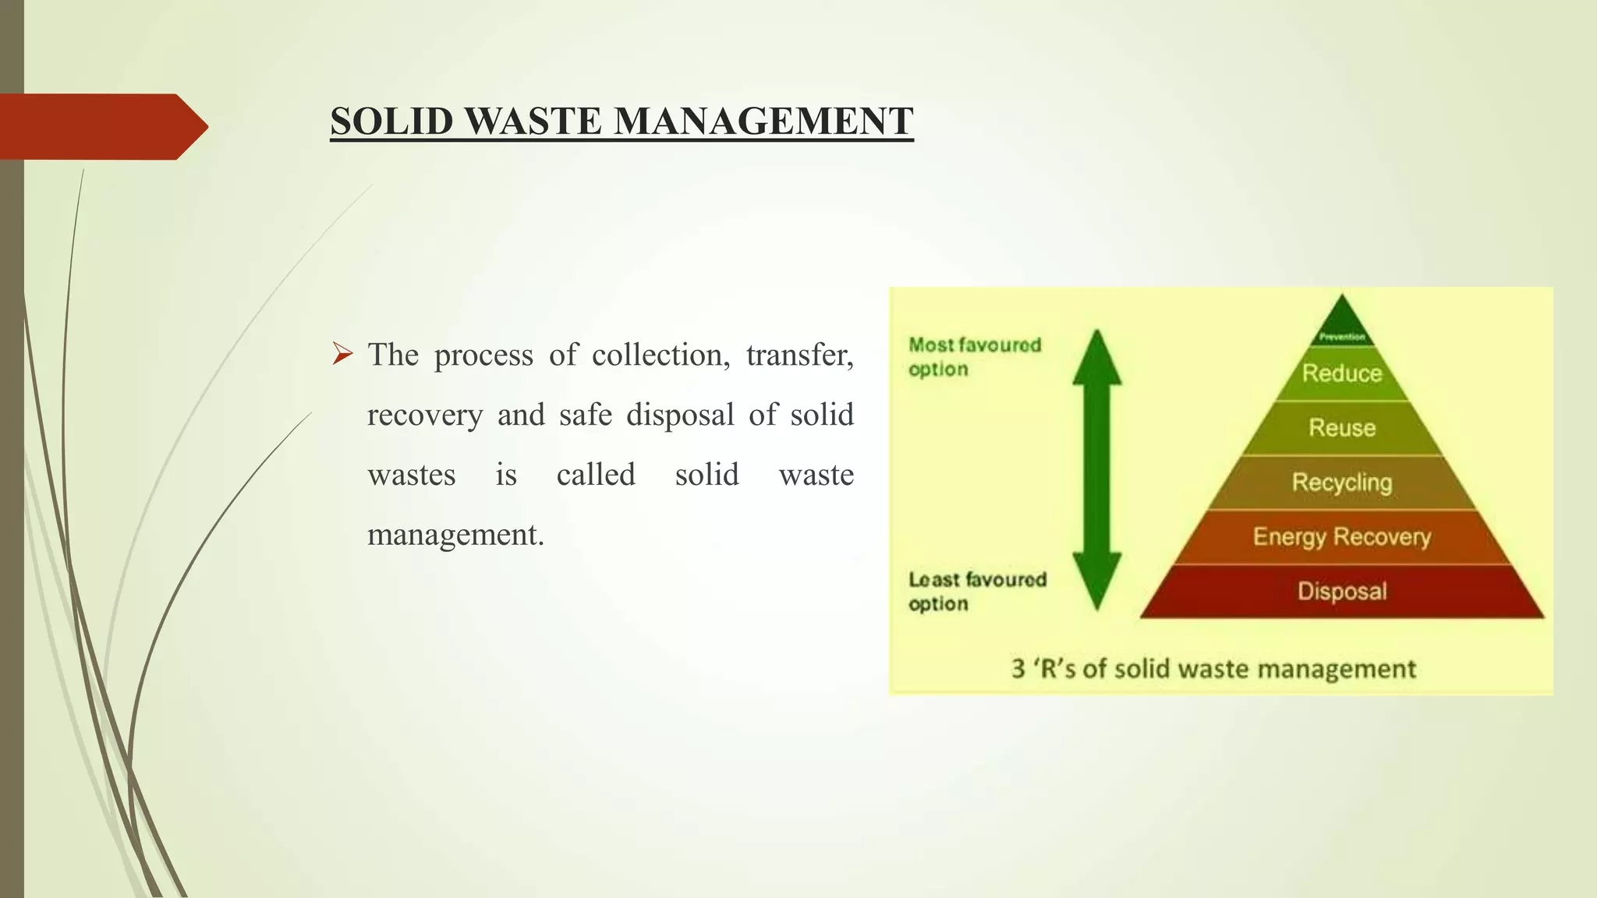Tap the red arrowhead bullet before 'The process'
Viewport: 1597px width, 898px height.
pyautogui.click(x=342, y=354)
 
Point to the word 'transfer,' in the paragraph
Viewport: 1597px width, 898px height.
pyautogui.click(x=799, y=355)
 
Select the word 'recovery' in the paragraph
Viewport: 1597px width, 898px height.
pyautogui.click(x=425, y=415)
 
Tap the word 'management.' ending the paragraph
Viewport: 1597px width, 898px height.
pyautogui.click(x=455, y=535)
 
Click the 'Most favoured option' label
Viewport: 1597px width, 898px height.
pyautogui.click(x=974, y=357)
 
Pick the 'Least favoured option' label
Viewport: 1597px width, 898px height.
pyautogui.click(x=976, y=592)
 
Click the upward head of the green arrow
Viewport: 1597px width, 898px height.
pyautogui.click(x=1097, y=359)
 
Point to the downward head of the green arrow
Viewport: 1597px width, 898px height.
pyautogui.click(x=1097, y=581)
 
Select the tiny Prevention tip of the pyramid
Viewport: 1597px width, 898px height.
pyautogui.click(x=1342, y=327)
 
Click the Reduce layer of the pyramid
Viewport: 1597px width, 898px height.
pyautogui.click(x=1342, y=373)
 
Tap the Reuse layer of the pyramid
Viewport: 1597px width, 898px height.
pyautogui.click(x=1342, y=428)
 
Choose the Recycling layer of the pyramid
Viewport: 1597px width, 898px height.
pyautogui.click(x=1342, y=483)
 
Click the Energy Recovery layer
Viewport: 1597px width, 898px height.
pyautogui.click(x=1342, y=537)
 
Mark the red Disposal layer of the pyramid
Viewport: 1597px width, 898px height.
pyautogui.click(x=1342, y=592)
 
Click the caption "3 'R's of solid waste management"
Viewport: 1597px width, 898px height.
pyautogui.click(x=1213, y=669)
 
